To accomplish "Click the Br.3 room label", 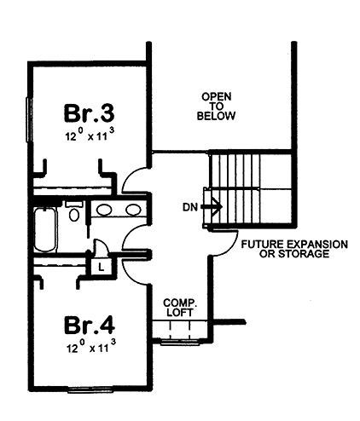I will [x=89, y=112].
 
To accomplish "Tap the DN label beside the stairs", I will [x=190, y=205].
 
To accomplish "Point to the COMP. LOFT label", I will [x=180, y=307].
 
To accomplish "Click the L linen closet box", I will [x=102, y=266].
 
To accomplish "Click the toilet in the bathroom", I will [x=74, y=213].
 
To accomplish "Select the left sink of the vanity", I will [x=103, y=210].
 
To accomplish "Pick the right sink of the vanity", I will [x=132, y=210].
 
